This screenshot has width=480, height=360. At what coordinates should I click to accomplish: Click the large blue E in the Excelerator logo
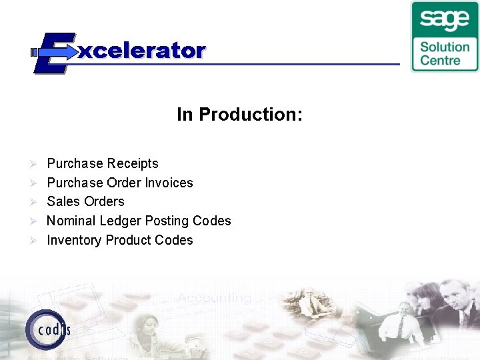point(50,52)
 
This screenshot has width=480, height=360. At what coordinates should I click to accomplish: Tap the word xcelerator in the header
point(142,51)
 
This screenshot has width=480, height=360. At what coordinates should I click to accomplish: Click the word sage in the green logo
point(445,20)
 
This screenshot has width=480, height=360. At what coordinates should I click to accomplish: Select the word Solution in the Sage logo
point(445,47)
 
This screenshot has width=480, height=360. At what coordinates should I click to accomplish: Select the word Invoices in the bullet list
point(169,183)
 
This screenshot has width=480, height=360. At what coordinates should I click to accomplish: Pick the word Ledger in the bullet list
point(121,221)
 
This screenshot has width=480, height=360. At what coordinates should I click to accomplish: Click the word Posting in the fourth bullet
point(167,221)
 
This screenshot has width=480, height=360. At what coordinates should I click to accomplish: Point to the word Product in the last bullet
point(128,240)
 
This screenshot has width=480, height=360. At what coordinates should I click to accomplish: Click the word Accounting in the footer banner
point(215,298)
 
